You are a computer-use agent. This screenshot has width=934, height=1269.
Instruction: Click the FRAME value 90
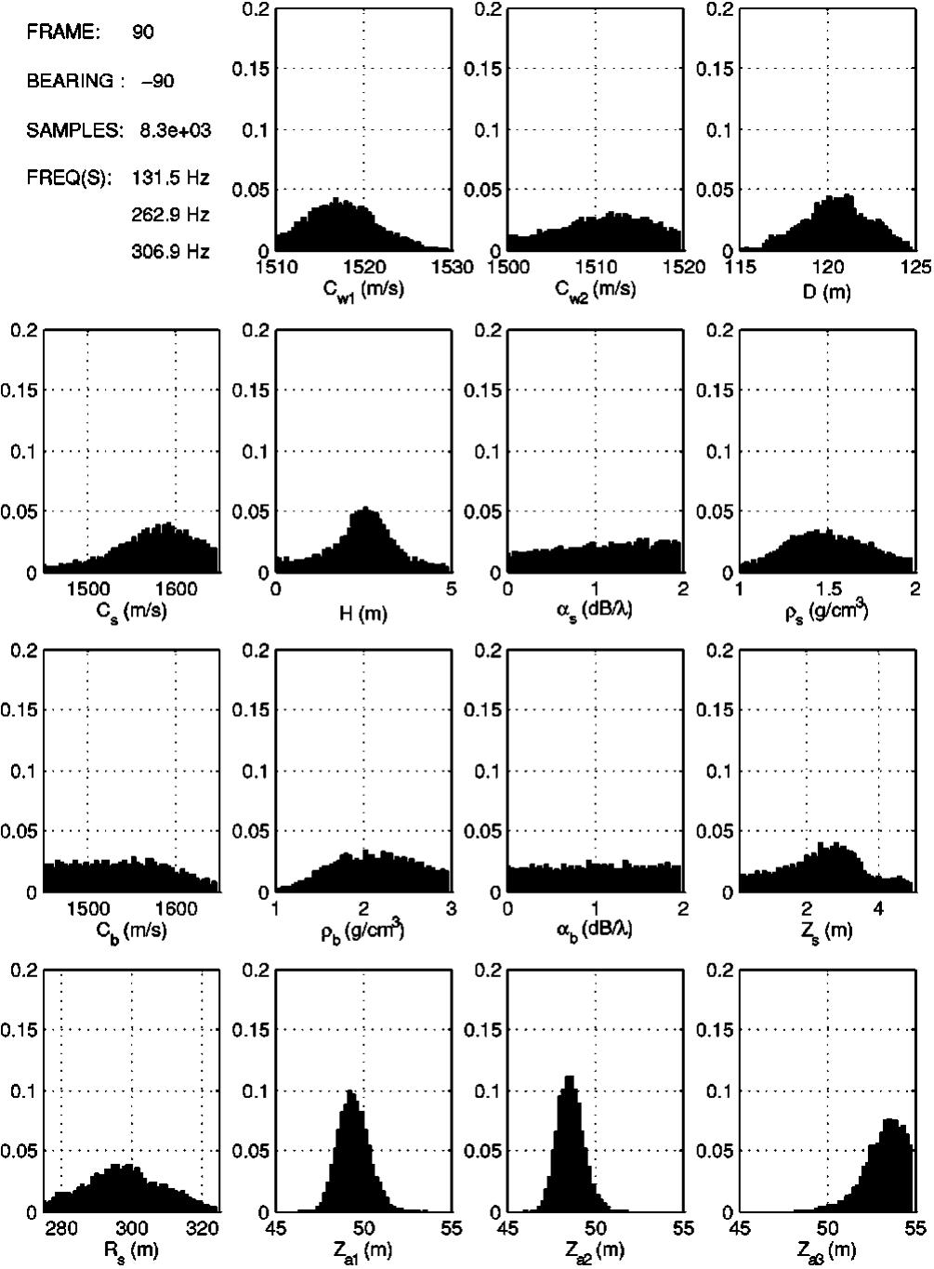pyautogui.click(x=143, y=32)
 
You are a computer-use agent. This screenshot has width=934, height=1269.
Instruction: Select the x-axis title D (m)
pyautogui.click(x=827, y=291)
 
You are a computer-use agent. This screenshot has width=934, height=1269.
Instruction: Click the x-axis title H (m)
pyautogui.click(x=363, y=613)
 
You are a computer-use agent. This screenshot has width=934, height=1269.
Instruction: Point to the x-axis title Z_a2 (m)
pyautogui.click(x=595, y=1251)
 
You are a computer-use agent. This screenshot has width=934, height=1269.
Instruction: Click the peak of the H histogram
pyautogui.click(x=365, y=509)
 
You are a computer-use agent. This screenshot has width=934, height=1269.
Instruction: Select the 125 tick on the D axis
pyautogui.click(x=915, y=268)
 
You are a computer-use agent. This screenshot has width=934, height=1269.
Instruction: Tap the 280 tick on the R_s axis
pyautogui.click(x=61, y=1229)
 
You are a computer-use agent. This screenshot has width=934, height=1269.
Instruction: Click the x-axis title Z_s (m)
pyautogui.click(x=827, y=931)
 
